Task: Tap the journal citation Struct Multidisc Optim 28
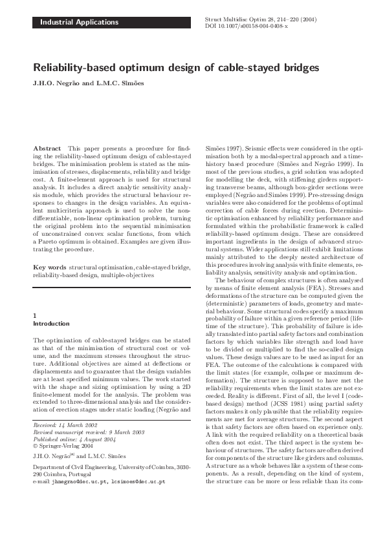(241, 19)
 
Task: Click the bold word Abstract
(47, 148)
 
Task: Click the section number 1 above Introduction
(34, 315)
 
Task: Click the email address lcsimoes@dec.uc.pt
(138, 499)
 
